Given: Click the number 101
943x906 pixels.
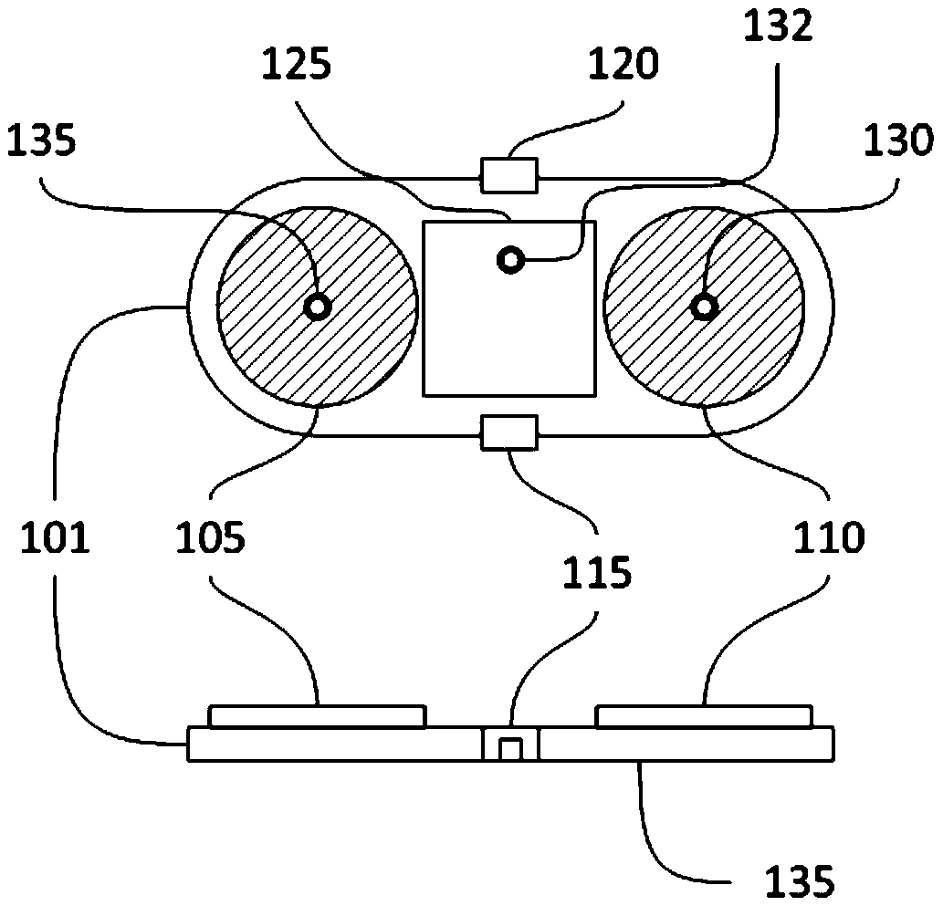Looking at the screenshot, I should [x=55, y=540].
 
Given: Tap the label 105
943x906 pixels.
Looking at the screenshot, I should [x=212, y=540].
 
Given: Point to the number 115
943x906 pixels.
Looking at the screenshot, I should [x=597, y=574].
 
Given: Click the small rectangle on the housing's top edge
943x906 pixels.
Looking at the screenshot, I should [x=509, y=174].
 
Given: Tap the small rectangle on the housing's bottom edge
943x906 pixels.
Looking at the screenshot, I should [x=509, y=432].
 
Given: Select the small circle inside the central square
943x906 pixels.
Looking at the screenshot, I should [x=509, y=261].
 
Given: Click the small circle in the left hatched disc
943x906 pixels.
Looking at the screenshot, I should [x=317, y=307].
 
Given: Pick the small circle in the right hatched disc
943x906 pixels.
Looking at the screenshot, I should [x=704, y=307].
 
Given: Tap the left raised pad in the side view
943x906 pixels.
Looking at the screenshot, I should [x=317, y=715].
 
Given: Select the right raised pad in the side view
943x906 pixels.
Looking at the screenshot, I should [x=703, y=715].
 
